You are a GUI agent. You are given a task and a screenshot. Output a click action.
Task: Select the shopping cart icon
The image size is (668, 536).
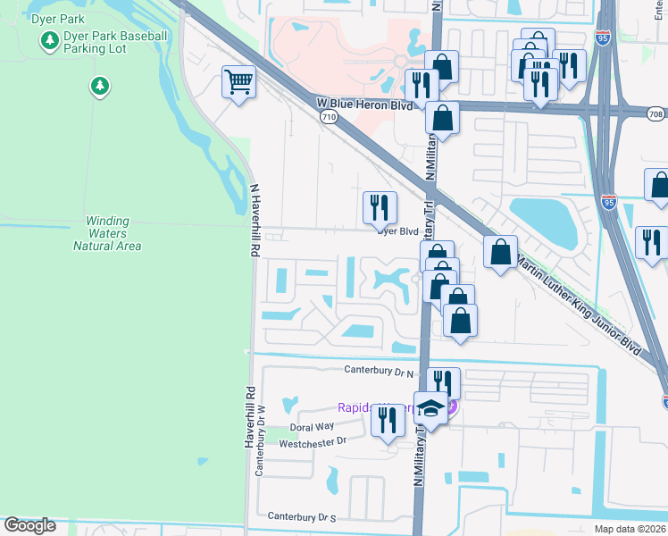click(238, 82)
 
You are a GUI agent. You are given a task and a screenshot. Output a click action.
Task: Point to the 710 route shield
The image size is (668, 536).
click(329, 117)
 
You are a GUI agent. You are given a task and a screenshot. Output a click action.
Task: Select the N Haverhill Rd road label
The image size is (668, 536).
click(255, 219)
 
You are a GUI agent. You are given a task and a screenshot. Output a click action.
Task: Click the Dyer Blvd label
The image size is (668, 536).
click(397, 230)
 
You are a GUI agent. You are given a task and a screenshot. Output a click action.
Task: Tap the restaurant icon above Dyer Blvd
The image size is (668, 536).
click(380, 207)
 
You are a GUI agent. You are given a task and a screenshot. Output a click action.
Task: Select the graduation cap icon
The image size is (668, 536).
click(431, 408)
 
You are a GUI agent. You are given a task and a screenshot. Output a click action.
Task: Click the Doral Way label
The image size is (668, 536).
click(312, 427)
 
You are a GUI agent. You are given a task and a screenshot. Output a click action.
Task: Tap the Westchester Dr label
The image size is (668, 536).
click(313, 440)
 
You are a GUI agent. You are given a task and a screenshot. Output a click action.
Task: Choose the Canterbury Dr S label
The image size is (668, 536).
click(302, 517)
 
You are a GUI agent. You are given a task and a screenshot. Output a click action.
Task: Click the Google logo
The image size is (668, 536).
click(30, 525)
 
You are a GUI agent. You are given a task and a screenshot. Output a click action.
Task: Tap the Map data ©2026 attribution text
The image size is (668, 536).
click(630, 529)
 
